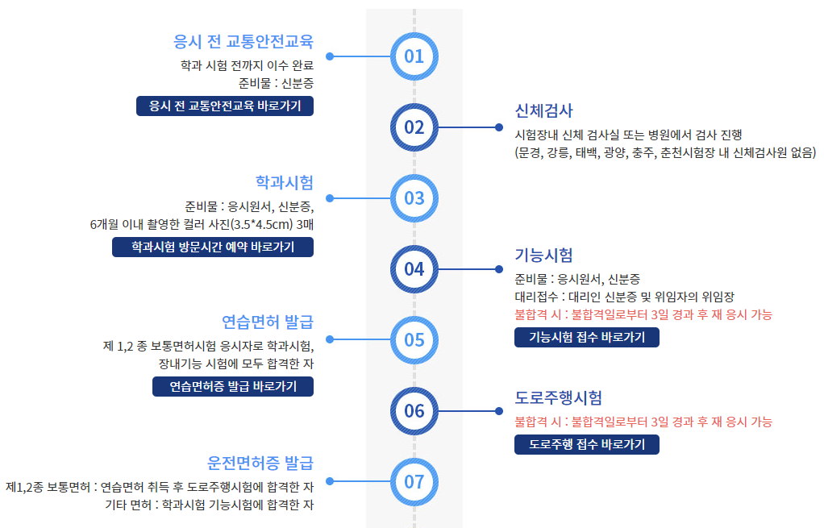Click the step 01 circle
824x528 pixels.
(x=414, y=56)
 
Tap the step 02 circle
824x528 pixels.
(x=414, y=127)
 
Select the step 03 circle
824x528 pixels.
(x=414, y=198)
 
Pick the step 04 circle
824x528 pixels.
(x=414, y=268)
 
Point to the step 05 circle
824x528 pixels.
(x=414, y=339)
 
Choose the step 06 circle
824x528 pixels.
(x=414, y=410)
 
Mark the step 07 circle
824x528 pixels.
(x=414, y=481)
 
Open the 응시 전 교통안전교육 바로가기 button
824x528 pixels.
(x=225, y=106)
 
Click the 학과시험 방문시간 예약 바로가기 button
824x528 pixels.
(x=213, y=247)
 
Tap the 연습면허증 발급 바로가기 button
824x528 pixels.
(x=233, y=387)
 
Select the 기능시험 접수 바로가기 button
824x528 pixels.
(x=587, y=337)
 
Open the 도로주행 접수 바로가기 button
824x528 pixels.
(x=587, y=444)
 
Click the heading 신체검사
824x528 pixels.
(x=543, y=110)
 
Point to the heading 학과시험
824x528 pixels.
(x=284, y=181)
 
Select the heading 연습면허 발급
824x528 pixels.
(x=267, y=322)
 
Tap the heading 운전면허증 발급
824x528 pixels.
(x=260, y=463)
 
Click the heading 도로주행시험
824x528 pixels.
(x=558, y=397)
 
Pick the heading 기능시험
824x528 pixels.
(x=543, y=256)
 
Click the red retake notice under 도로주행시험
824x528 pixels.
(x=643, y=422)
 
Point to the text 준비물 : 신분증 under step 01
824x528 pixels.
(x=276, y=82)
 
